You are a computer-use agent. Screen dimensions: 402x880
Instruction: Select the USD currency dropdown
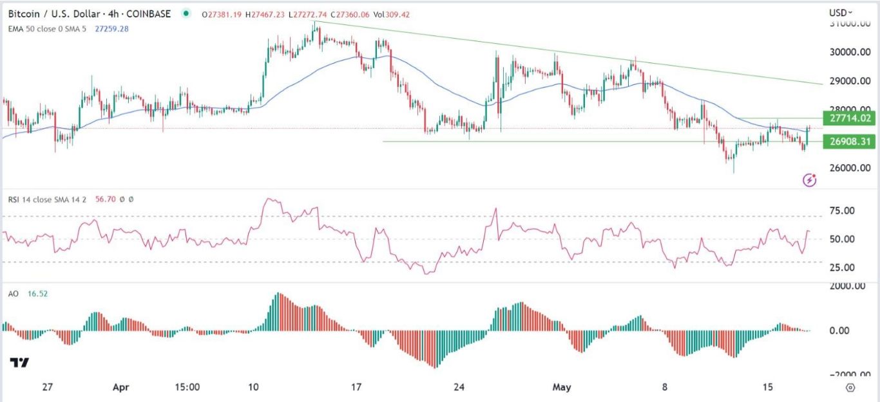pyautogui.click(x=840, y=12)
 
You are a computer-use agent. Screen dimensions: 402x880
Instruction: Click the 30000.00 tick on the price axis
pyautogui.click(x=849, y=53)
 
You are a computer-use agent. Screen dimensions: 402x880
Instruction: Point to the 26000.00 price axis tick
pyautogui.click(x=849, y=169)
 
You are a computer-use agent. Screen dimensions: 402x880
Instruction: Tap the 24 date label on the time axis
pyautogui.click(x=459, y=388)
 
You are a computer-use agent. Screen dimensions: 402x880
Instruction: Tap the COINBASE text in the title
pyautogui.click(x=153, y=14)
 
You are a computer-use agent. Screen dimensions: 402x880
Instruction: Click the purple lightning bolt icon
pyautogui.click(x=810, y=180)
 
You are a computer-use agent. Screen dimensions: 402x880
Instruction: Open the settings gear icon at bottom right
pyautogui.click(x=850, y=388)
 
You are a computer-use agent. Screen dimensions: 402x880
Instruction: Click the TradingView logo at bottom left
pyautogui.click(x=19, y=363)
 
